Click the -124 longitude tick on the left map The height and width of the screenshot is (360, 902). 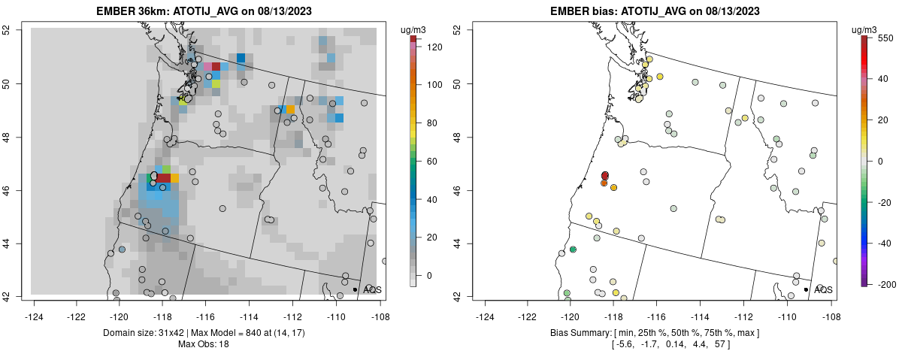(35, 307)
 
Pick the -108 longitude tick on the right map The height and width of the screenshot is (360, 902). (830, 307)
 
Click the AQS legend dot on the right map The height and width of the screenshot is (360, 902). (806, 289)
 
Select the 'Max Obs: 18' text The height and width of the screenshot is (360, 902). (203, 344)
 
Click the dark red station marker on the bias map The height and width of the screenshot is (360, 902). (605, 175)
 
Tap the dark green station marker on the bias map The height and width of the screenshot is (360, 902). (573, 250)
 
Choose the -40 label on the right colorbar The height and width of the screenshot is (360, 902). (885, 243)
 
